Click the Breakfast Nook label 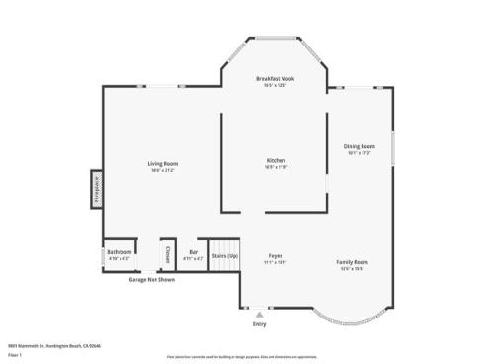click(276, 78)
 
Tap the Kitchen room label click(276, 161)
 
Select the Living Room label click(163, 163)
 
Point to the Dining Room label click(359, 146)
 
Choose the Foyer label click(276, 256)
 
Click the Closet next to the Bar click(167, 254)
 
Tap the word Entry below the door click(260, 323)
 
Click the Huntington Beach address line click(54, 345)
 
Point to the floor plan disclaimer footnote click(242, 355)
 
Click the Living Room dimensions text click(163, 169)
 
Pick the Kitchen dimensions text click(276, 167)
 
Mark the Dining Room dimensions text click(359, 152)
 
